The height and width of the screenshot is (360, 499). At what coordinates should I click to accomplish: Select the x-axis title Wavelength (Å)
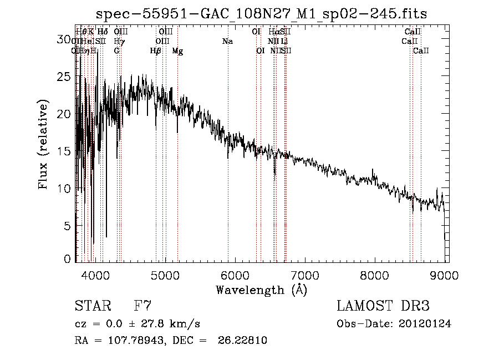[x=261, y=290]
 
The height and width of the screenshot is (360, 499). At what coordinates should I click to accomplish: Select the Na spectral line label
[x=227, y=42]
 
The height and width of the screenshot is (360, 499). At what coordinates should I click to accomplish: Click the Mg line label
[x=177, y=51]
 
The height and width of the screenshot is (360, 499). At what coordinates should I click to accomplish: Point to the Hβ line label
[x=156, y=51]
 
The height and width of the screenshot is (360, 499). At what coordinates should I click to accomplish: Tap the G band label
[x=116, y=51]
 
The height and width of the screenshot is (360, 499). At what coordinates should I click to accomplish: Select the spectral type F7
[x=142, y=306]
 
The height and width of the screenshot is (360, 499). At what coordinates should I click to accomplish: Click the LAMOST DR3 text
[x=383, y=306]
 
